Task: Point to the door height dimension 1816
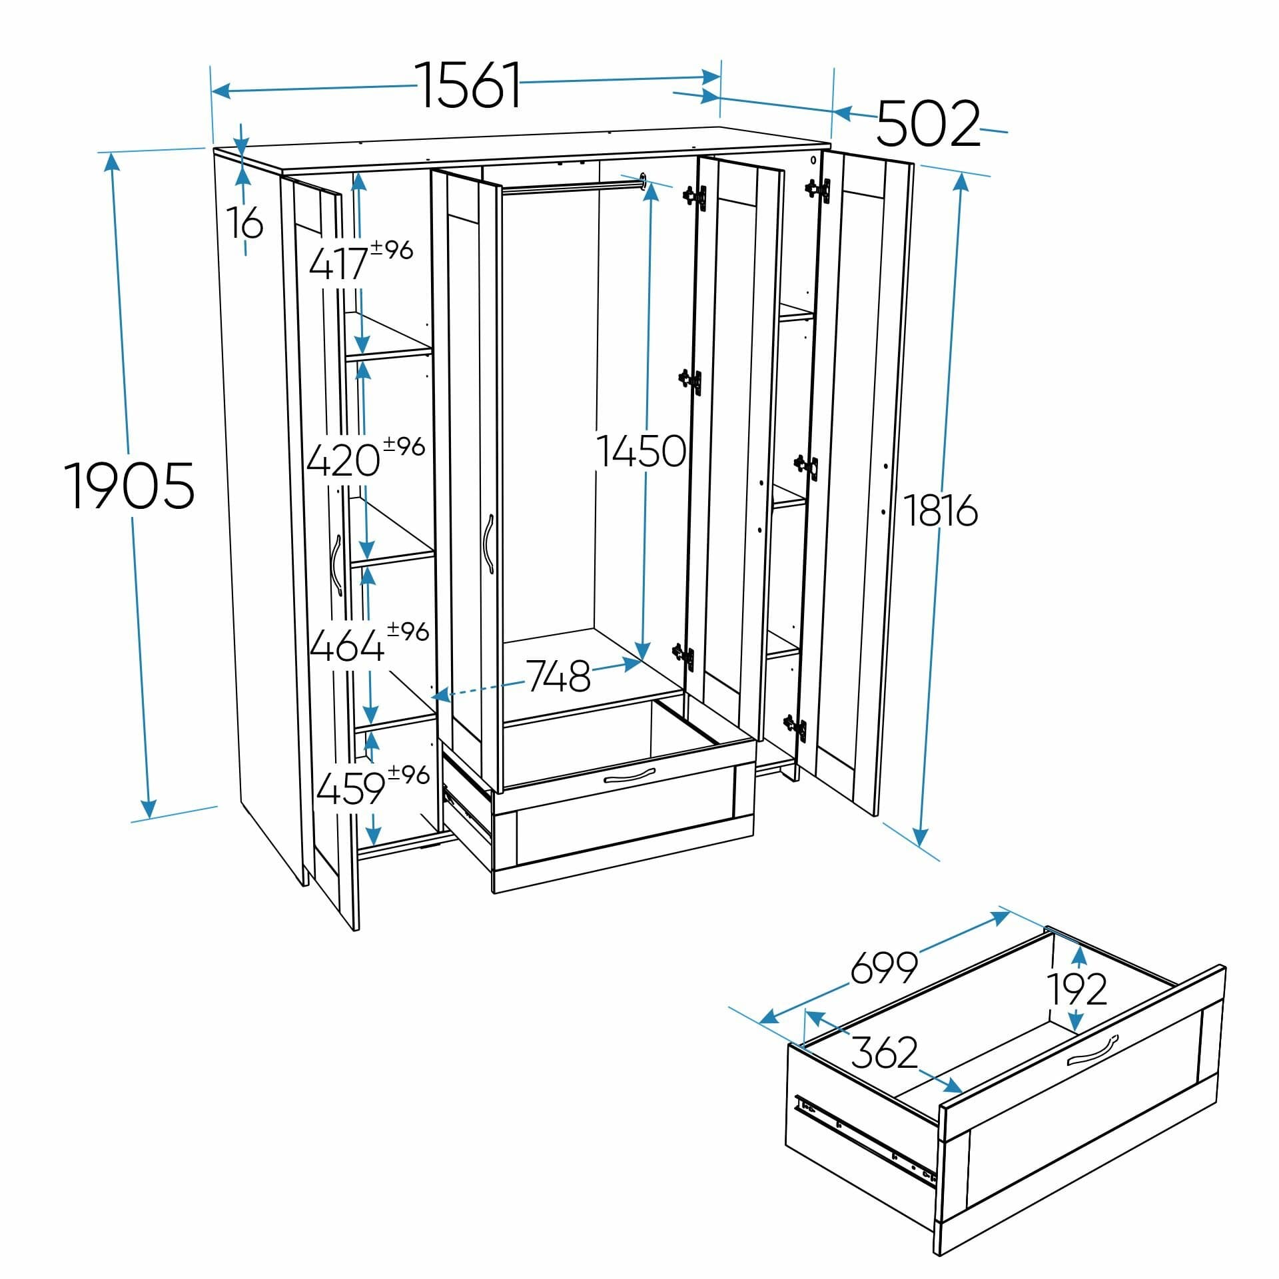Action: point(941,511)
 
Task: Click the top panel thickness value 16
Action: point(246,222)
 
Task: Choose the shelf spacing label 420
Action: point(344,460)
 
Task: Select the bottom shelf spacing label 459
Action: point(351,789)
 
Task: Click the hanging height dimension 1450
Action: point(641,450)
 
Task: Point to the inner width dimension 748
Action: point(559,676)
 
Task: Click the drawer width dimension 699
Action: point(885,968)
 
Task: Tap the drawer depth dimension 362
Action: point(885,1053)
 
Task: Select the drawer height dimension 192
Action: point(1078,989)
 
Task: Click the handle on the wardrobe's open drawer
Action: point(629,776)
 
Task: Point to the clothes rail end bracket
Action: point(643,181)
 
